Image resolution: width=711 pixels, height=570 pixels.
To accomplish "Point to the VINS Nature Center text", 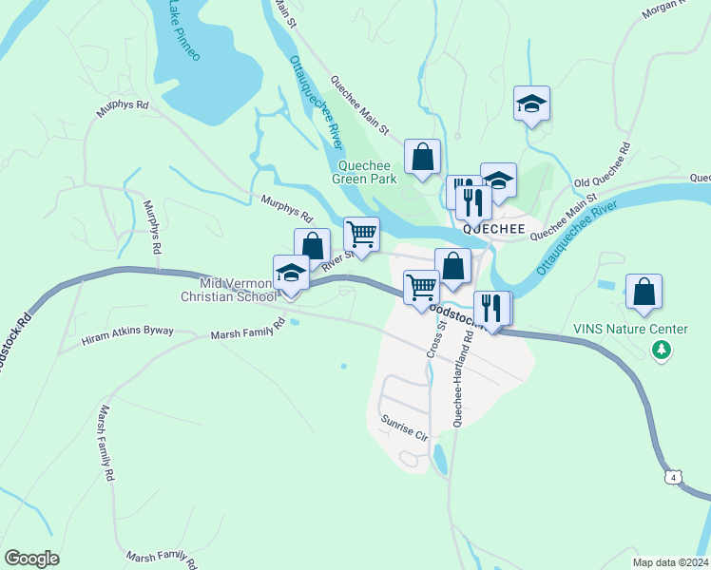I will [x=630, y=330].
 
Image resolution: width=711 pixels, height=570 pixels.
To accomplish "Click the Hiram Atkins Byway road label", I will [x=127, y=336].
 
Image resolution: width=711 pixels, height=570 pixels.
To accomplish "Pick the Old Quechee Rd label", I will [x=604, y=166].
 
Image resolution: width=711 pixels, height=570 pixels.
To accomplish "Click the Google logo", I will [x=31, y=559].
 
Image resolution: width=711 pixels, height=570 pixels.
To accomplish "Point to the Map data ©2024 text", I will [x=670, y=562].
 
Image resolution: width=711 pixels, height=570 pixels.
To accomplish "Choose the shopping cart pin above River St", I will [x=361, y=235].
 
